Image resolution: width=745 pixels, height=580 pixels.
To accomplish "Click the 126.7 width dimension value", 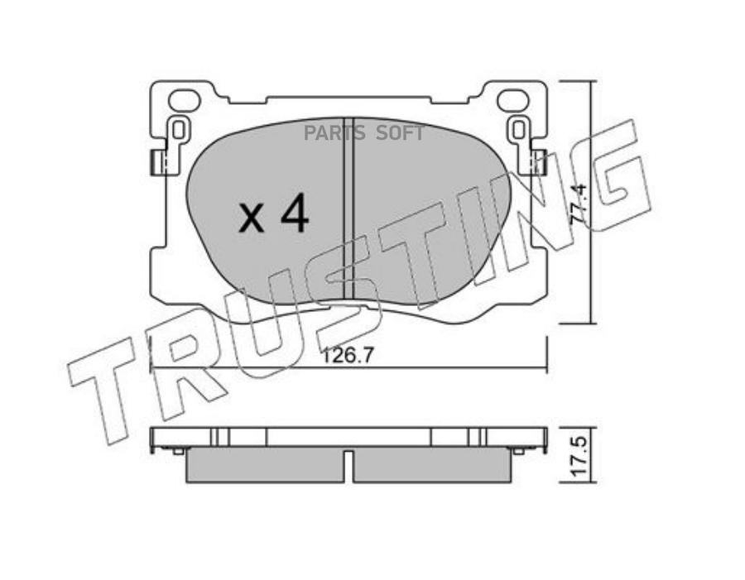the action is pyautogui.click(x=348, y=355).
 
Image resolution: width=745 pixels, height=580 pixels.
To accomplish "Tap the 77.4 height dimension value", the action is pyautogui.click(x=580, y=208).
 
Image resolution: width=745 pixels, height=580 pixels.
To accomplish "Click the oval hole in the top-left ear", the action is pyautogui.click(x=184, y=101).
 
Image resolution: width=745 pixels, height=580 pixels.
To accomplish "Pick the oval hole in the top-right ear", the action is pyautogui.click(x=513, y=101).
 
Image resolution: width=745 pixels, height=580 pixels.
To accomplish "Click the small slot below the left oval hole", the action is pyautogui.click(x=178, y=130).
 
